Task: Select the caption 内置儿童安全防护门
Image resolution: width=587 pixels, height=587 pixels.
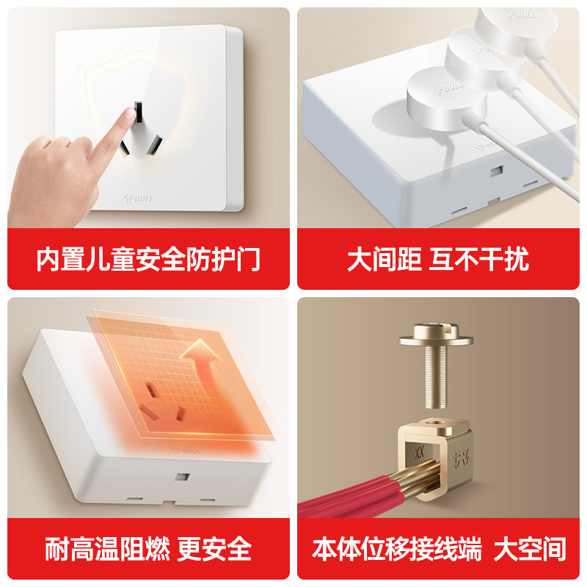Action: tap(148, 260)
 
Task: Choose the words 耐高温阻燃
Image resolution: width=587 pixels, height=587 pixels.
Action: tap(107, 549)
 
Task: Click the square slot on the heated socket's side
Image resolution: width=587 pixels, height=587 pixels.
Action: tap(178, 475)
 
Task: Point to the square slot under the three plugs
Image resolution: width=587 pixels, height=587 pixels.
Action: tap(497, 172)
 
